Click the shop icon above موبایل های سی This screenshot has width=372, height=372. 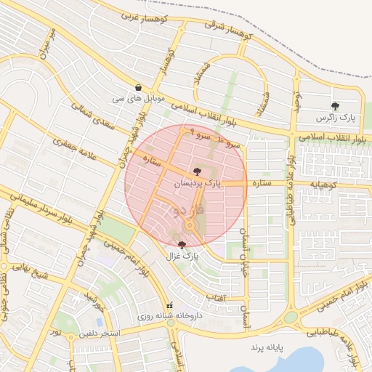point(137,86)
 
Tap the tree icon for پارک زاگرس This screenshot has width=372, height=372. point(335,106)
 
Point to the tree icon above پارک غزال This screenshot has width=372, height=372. point(181,245)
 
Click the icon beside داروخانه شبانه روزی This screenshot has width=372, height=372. point(171,305)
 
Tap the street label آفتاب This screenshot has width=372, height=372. point(216,298)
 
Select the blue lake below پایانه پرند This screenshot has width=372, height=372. point(298,361)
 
